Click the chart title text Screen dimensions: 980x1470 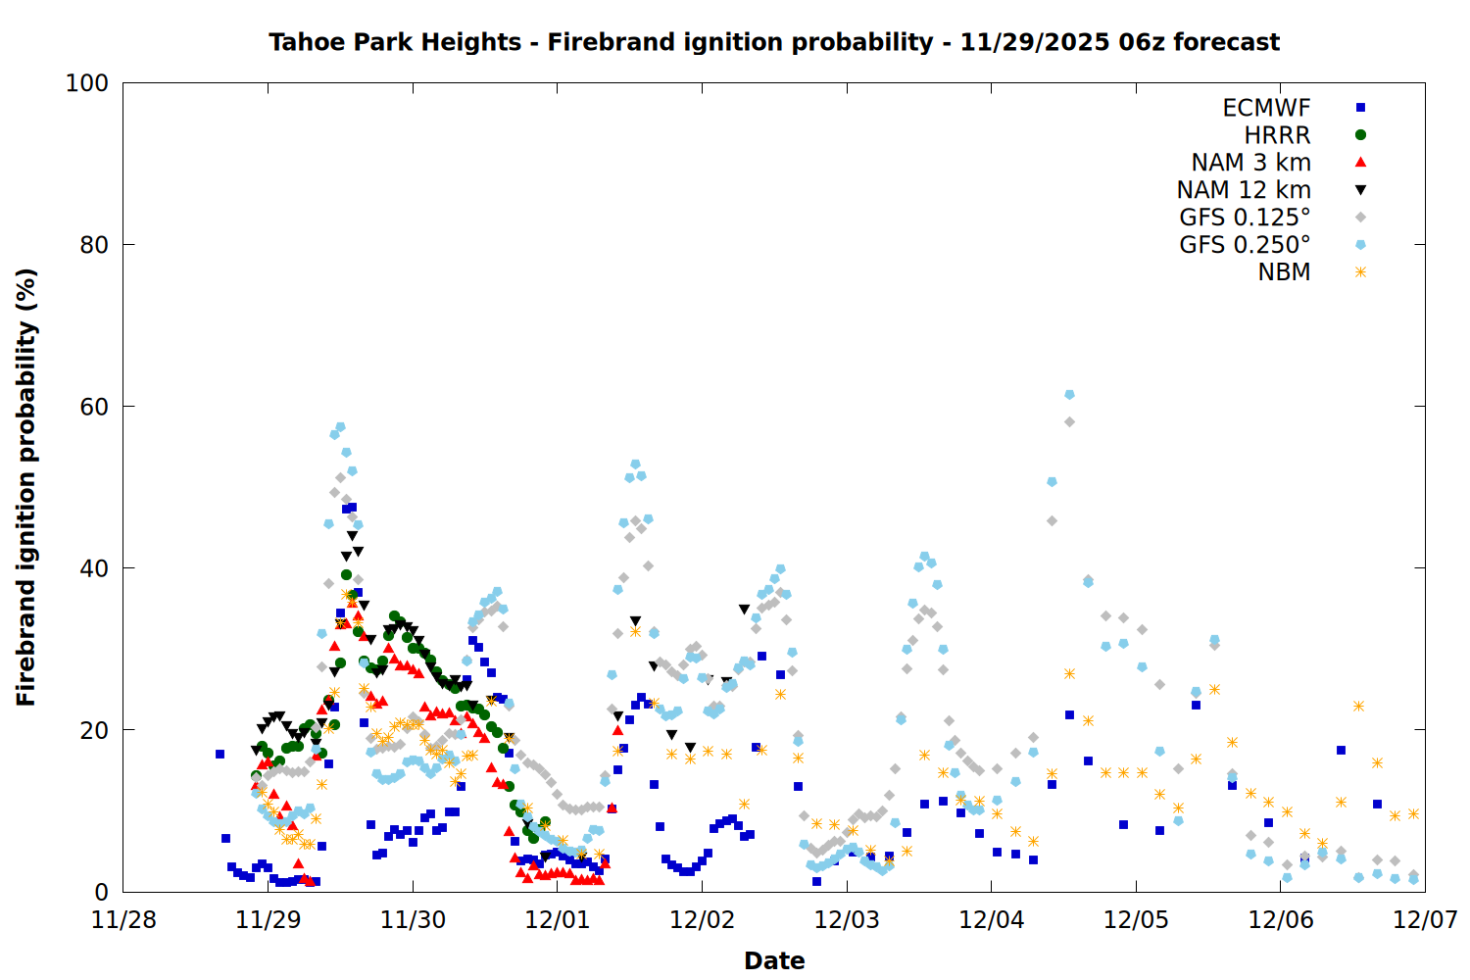point(774,42)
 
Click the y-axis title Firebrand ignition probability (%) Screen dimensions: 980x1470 point(26,487)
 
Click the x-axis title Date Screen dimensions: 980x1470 point(774,960)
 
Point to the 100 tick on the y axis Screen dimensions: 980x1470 point(87,83)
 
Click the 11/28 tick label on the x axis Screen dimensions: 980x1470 point(123,919)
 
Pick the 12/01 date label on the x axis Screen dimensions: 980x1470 point(558,919)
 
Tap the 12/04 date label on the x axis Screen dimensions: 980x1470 point(992,919)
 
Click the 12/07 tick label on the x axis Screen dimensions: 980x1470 point(1426,919)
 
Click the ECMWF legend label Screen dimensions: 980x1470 point(1266,108)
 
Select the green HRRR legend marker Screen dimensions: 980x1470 point(1360,135)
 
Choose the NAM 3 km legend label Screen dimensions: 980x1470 point(1250,163)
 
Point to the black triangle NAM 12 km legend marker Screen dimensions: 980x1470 point(1360,190)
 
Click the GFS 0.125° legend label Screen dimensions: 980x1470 point(1245,218)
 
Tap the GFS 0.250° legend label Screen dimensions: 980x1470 point(1245,245)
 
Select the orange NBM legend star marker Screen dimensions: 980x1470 point(1360,272)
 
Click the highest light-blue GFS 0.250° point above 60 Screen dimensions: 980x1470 point(1069,394)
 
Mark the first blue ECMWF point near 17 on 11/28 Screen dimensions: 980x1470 point(220,754)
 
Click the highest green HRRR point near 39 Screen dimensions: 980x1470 point(346,575)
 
